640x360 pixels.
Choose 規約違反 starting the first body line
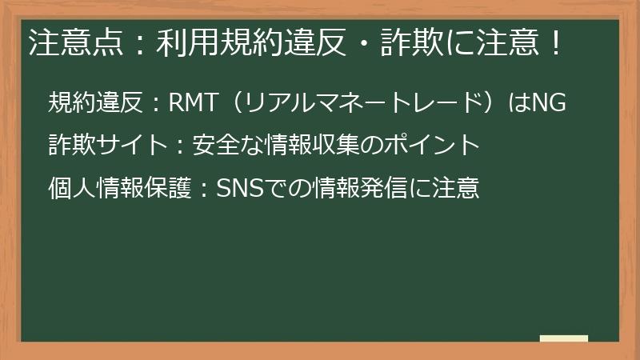(x=95, y=102)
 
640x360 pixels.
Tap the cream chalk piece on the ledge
(x=563, y=339)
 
